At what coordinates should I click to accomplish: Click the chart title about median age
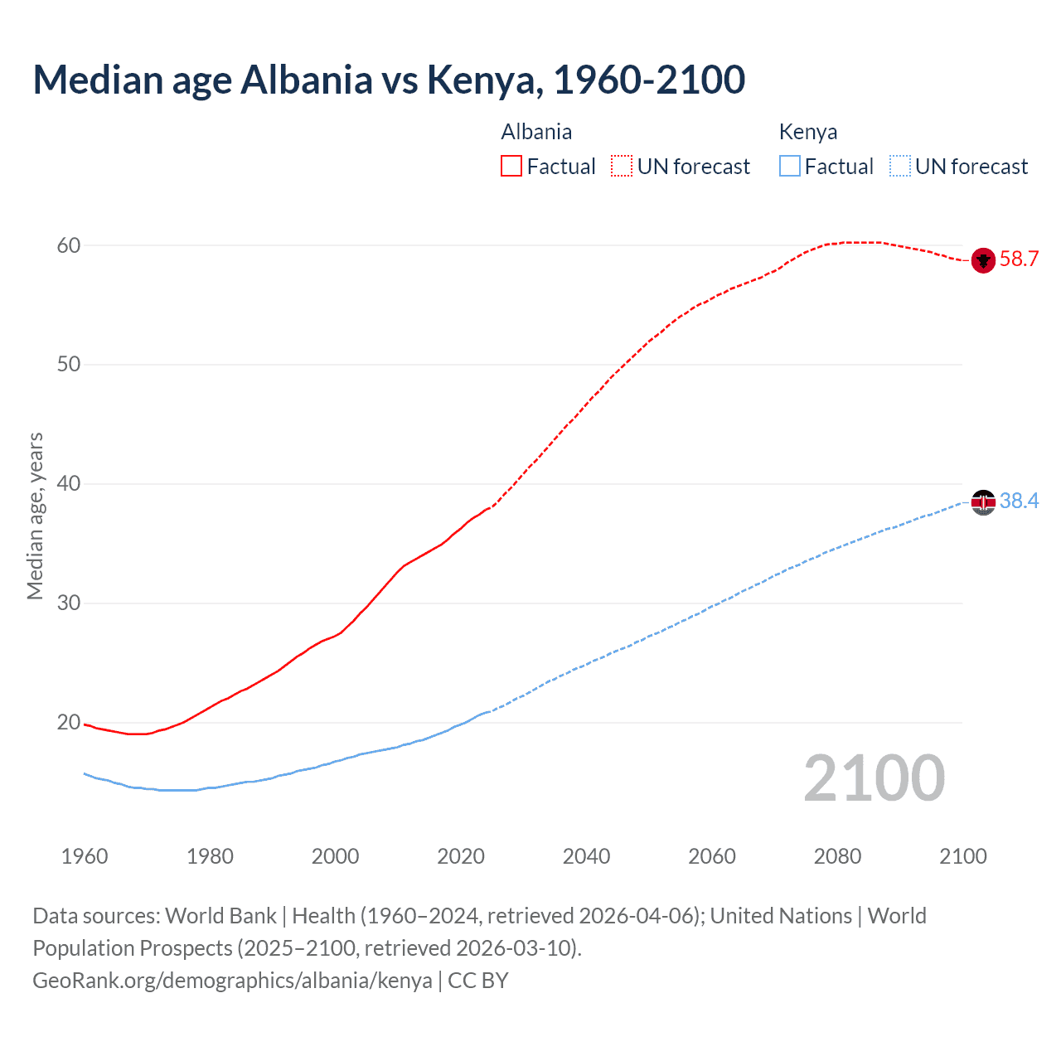click(x=389, y=80)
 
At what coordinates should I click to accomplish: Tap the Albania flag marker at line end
click(x=983, y=260)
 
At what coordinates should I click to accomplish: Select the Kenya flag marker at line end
click(x=983, y=502)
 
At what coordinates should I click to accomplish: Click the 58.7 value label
click(x=1019, y=259)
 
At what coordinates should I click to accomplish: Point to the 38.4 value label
click(x=1019, y=501)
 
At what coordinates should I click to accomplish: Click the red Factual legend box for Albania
click(x=511, y=167)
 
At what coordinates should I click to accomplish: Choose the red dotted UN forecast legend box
click(x=622, y=167)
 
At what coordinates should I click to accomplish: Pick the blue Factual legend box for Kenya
click(x=789, y=167)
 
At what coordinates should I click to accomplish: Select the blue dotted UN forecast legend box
click(x=899, y=167)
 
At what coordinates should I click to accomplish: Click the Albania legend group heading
click(x=536, y=132)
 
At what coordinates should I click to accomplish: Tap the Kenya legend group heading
click(x=808, y=132)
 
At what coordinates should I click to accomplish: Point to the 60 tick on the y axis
click(x=69, y=245)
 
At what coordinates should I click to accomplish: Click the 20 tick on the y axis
click(x=69, y=723)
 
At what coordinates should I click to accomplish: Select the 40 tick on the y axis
click(x=69, y=484)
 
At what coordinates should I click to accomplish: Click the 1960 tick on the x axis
click(x=85, y=856)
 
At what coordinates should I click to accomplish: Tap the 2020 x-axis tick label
click(x=461, y=856)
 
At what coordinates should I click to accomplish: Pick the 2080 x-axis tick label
click(x=837, y=856)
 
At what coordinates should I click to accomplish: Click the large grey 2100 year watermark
click(x=874, y=778)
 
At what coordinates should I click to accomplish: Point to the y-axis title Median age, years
click(x=35, y=516)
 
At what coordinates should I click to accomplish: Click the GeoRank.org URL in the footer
click(x=232, y=981)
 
